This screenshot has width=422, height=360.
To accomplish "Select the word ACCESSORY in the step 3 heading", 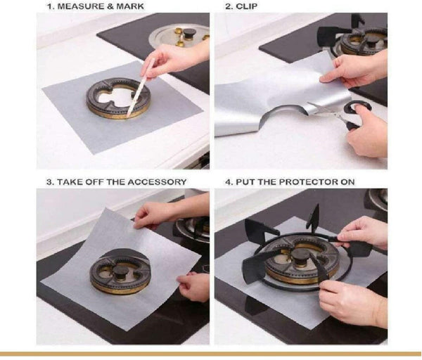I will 160,181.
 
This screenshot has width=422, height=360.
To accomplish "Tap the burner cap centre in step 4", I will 301,255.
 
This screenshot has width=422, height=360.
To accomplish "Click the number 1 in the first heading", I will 49,6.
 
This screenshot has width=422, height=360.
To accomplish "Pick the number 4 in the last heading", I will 228,181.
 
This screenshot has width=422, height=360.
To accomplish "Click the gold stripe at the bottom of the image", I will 211,354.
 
